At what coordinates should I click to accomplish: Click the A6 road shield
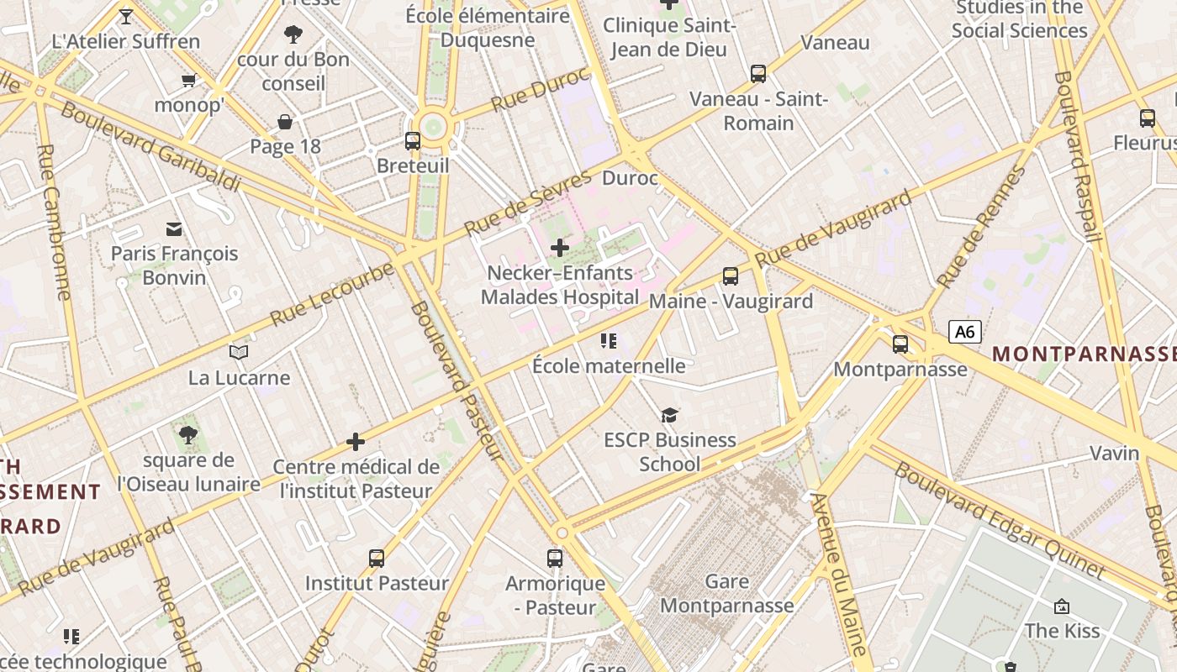click(965, 332)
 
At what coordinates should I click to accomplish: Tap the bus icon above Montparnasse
click(900, 344)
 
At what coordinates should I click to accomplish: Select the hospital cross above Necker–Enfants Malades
click(559, 248)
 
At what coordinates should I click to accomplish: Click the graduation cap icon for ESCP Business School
click(669, 415)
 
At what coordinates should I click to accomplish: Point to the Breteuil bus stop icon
click(413, 141)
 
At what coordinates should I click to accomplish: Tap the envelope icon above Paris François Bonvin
click(174, 228)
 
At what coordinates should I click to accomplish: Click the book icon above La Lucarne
click(239, 353)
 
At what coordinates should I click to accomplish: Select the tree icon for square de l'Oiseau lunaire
click(188, 435)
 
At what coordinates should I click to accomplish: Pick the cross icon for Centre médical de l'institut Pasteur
click(356, 442)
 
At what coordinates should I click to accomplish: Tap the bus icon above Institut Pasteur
click(377, 558)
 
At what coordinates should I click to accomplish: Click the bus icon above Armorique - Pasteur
click(555, 558)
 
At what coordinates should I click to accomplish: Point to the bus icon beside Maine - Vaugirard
click(731, 276)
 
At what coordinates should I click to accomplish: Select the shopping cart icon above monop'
click(188, 81)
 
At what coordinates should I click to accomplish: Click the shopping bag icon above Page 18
click(285, 122)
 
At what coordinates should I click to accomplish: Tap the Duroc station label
click(630, 178)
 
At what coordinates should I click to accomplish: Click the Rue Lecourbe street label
click(332, 295)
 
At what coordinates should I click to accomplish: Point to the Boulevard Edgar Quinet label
click(1000, 521)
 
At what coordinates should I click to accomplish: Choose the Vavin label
click(1114, 453)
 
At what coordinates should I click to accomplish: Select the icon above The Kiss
click(1061, 606)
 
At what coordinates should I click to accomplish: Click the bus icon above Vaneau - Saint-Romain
click(758, 74)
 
